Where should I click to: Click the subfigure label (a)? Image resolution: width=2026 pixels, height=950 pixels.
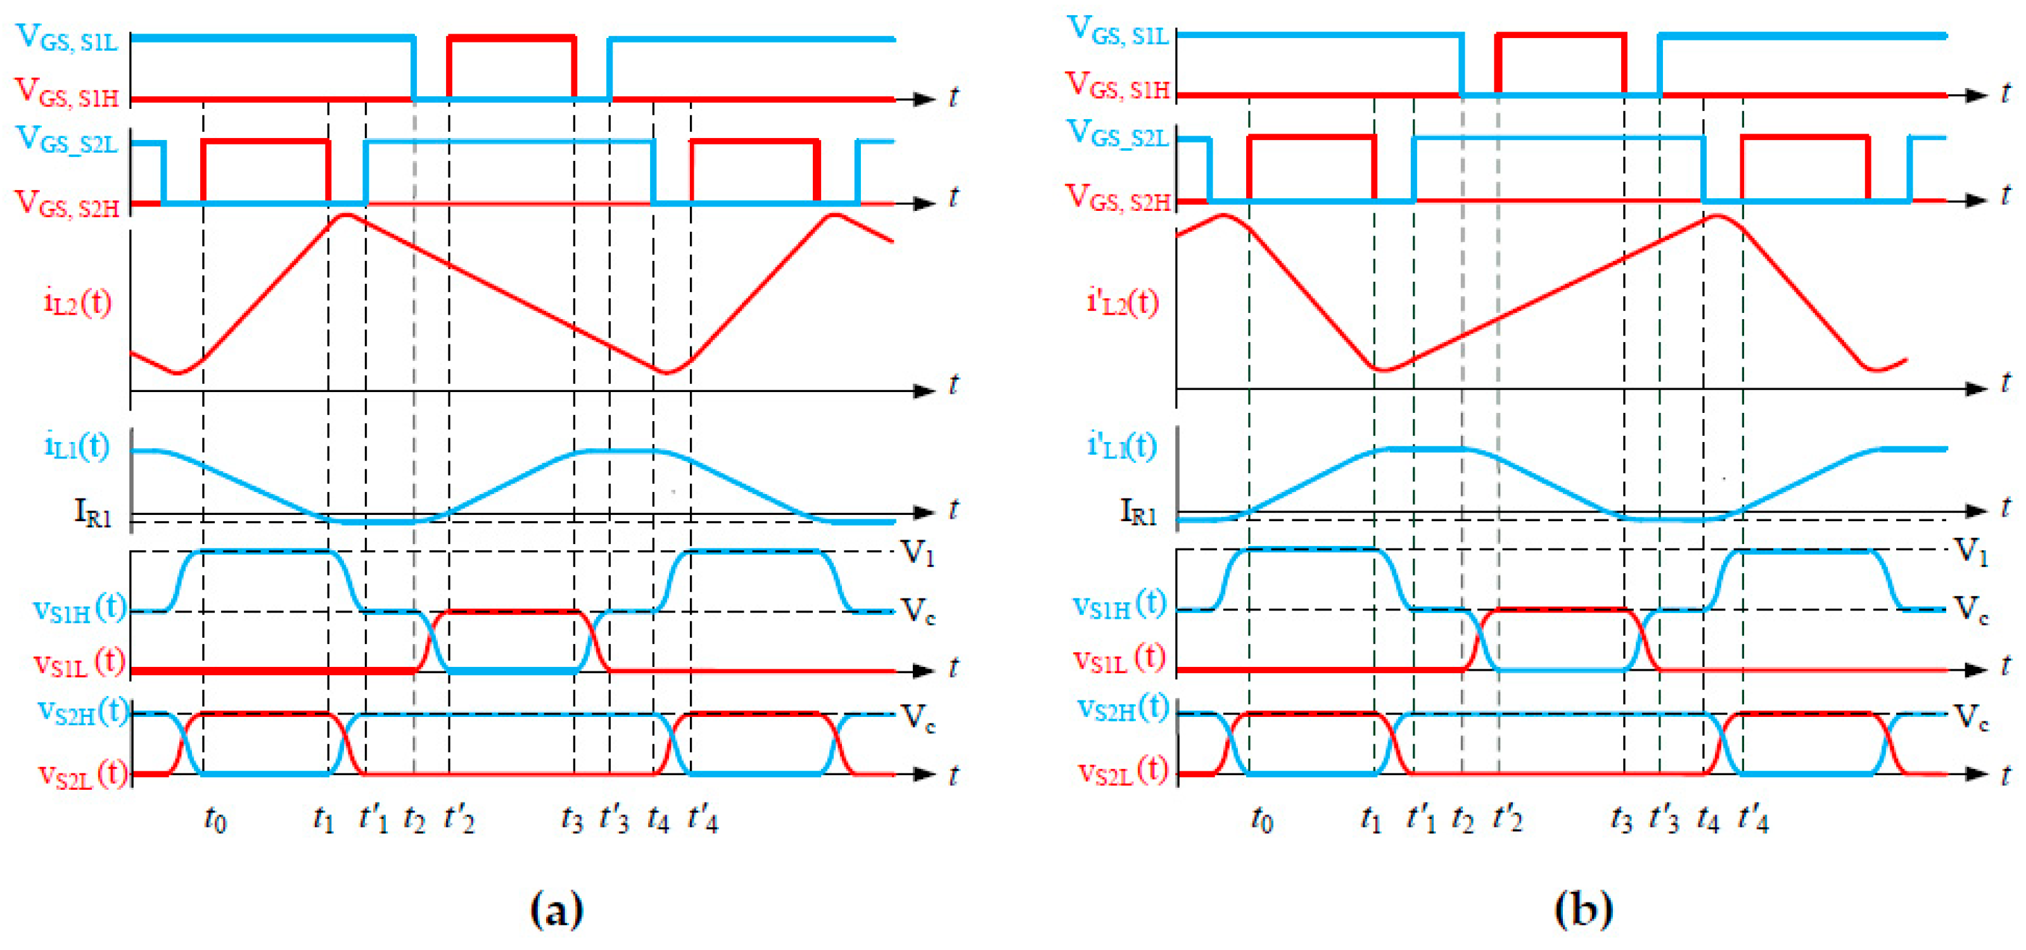[557, 910]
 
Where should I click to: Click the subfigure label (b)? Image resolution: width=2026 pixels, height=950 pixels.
[1583, 910]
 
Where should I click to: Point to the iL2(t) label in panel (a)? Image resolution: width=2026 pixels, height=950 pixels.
[77, 302]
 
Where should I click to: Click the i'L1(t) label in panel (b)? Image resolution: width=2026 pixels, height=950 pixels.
[1121, 446]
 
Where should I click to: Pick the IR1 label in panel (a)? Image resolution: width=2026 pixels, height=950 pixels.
[92, 512]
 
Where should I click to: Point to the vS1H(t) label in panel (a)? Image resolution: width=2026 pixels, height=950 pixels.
[79, 608]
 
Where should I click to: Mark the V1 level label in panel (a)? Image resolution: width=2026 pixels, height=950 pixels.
[917, 552]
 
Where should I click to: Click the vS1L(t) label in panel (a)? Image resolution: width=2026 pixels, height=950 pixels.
[79, 663]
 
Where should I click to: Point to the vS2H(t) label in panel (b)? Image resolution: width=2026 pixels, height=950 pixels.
[1121, 708]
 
